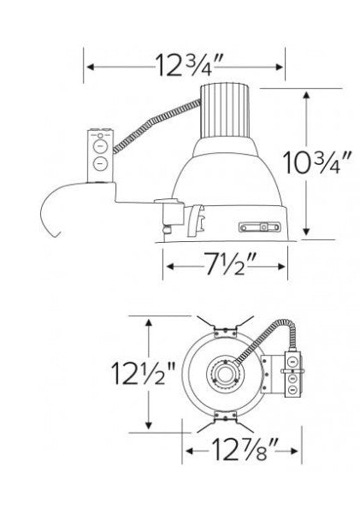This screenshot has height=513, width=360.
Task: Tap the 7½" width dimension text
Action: pyautogui.click(x=226, y=267)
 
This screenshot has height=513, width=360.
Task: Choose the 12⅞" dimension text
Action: pyautogui.click(x=242, y=448)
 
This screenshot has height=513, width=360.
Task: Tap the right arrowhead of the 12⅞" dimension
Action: pyautogui.click(x=296, y=448)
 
